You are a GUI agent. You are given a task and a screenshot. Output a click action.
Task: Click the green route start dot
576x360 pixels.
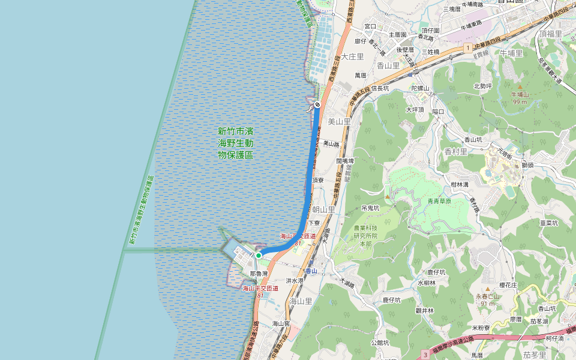click(259, 256)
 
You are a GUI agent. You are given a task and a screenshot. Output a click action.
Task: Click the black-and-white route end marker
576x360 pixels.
click(317, 104)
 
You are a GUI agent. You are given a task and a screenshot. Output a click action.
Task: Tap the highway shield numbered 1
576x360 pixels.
click(467, 47)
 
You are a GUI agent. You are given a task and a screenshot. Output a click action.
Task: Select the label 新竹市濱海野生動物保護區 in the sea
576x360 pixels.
click(235, 143)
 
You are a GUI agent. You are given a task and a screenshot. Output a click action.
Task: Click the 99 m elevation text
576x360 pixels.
click(520, 101)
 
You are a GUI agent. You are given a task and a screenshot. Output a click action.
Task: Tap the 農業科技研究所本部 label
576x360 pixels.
click(365, 236)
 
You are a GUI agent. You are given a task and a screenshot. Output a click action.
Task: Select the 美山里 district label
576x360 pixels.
click(339, 121)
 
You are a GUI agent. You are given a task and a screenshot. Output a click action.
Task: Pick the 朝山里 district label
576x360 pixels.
click(324, 209)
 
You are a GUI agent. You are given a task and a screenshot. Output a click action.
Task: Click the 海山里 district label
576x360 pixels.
click(301, 301)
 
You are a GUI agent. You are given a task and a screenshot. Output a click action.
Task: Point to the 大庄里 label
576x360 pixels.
click(353, 56)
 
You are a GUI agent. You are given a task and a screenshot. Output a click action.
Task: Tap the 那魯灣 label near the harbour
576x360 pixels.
click(259, 274)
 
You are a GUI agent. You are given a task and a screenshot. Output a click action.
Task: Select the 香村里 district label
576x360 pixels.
click(456, 152)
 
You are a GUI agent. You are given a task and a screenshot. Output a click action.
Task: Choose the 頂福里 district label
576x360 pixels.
click(550, 34)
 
